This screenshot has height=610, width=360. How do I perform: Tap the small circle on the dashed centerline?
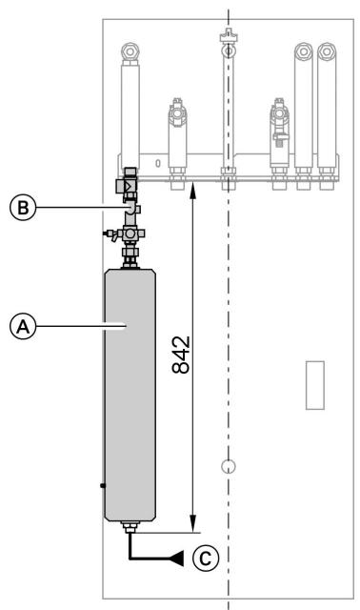coord(228,466)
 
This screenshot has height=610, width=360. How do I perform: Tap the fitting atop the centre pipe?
coord(228,39)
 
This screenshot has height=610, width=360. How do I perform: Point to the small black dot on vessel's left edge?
coord(102,487)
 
